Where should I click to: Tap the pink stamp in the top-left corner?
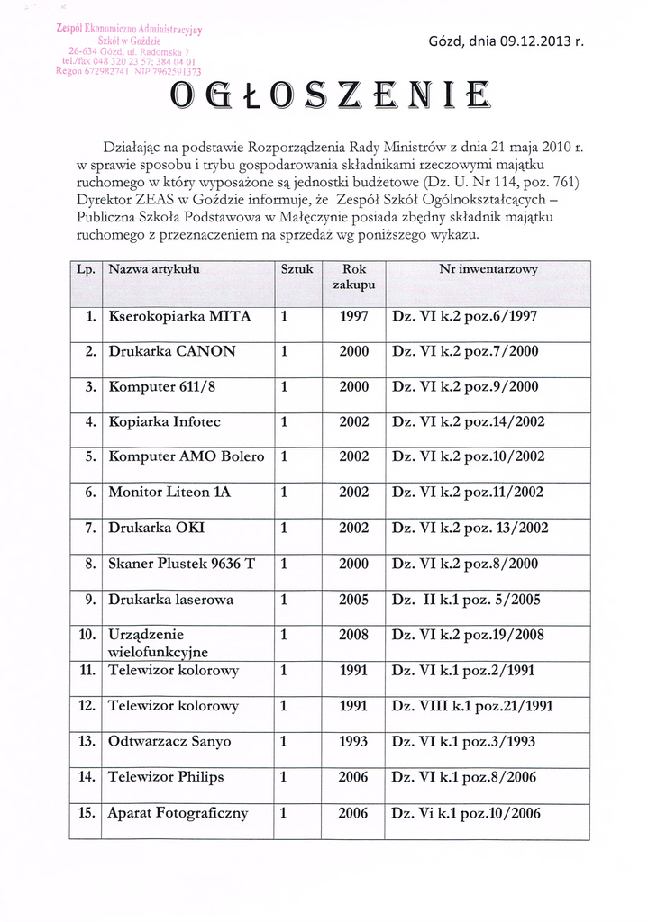point(128,50)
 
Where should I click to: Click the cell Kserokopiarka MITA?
point(179,317)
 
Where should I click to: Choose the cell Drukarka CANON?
point(172,352)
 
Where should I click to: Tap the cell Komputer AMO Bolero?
point(187,456)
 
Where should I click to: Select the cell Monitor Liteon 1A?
point(170,492)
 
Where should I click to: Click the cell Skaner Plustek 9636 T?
point(182,564)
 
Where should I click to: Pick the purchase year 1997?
point(354,317)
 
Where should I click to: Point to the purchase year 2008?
point(354,635)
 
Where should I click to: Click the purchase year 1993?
point(354,742)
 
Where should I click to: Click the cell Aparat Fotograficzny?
point(178,813)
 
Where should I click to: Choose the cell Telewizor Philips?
point(166,777)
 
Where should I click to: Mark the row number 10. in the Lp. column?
point(88,635)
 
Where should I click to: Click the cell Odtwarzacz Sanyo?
point(169,742)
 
